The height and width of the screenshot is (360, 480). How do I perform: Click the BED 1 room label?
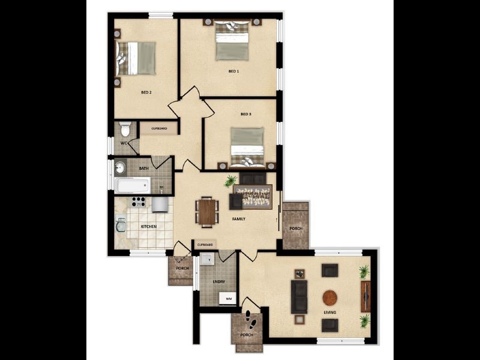(x=234, y=71)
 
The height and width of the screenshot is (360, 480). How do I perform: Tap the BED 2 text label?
(x=146, y=92)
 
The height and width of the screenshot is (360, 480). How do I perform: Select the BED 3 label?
(x=245, y=114)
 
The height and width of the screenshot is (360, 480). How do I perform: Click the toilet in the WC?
(x=125, y=129)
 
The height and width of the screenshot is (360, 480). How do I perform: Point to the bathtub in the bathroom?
(x=133, y=185)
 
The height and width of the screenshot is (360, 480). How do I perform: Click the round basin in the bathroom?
(x=120, y=167)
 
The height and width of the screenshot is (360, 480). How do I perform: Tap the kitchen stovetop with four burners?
(x=139, y=202)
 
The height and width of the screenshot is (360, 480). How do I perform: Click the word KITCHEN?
(x=148, y=227)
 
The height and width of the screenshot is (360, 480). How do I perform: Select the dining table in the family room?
(x=207, y=212)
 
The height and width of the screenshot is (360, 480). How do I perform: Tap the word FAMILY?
(x=239, y=219)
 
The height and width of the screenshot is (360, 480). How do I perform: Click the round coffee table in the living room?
(x=331, y=298)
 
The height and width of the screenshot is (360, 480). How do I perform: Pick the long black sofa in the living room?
(x=299, y=298)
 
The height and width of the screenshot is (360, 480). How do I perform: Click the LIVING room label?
(x=330, y=313)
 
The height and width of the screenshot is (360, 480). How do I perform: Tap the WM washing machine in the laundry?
(x=228, y=298)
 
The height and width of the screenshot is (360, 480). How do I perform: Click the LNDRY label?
(x=218, y=281)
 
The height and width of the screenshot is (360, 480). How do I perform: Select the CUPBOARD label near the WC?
(x=159, y=128)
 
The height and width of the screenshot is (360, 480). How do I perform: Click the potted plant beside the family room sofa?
(x=230, y=181)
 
